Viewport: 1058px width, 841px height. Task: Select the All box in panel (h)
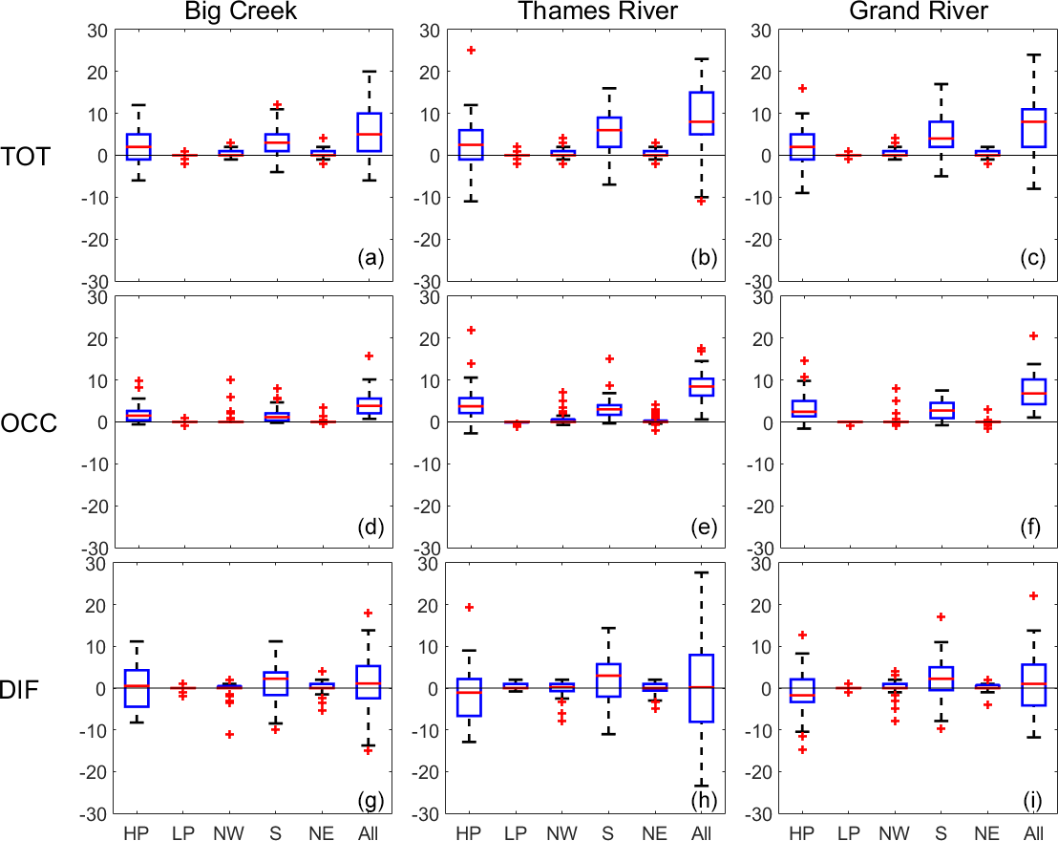tap(701, 688)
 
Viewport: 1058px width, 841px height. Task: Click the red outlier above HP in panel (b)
tap(471, 50)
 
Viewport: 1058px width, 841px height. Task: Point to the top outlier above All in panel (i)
tap(1032, 595)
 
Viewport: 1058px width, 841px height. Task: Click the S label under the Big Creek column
tap(278, 833)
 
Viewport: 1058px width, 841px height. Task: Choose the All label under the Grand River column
tap(1032, 833)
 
